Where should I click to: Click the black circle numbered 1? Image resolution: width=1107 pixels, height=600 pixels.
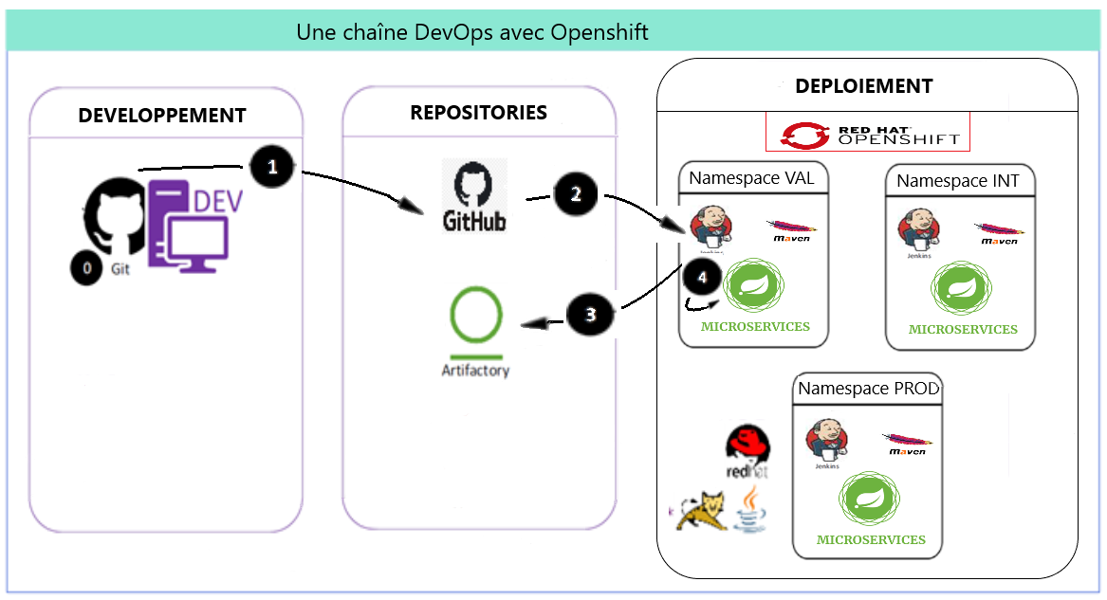point(272,168)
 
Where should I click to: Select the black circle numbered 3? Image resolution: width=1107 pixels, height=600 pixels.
point(589,315)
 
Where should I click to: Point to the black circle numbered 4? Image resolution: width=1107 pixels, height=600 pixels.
point(702,278)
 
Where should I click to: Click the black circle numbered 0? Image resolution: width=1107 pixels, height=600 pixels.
point(86,268)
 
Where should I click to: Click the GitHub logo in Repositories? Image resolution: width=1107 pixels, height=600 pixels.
point(474,196)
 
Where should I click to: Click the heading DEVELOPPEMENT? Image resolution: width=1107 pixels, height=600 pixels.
point(162,116)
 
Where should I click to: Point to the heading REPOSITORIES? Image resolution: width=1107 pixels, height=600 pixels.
point(478,113)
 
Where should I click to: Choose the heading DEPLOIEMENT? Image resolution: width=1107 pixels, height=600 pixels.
point(863,86)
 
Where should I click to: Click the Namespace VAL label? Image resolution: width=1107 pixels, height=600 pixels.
point(751,177)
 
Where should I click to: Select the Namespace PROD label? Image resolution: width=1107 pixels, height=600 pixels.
point(868,389)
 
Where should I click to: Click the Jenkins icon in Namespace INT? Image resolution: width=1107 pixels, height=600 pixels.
point(918,231)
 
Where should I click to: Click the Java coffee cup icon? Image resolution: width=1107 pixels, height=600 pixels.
point(749,508)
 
